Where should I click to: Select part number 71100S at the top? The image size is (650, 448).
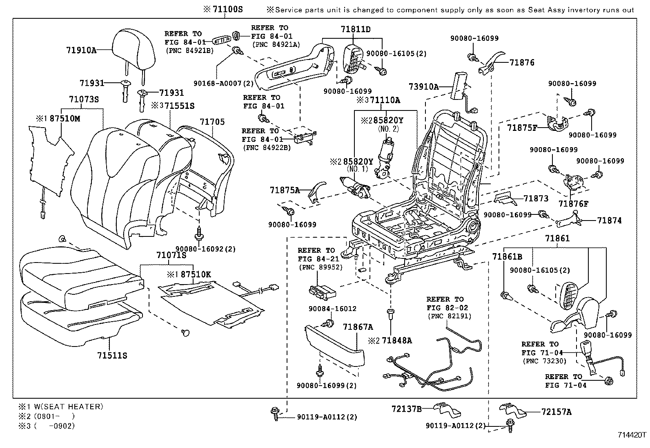click(227, 9)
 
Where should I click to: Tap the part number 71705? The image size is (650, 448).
click(212, 122)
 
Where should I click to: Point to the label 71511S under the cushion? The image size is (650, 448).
click(112, 355)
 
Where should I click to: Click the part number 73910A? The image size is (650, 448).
click(424, 87)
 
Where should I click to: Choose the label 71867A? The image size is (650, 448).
click(358, 327)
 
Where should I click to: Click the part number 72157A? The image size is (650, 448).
click(557, 412)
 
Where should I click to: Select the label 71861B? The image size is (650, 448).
click(507, 257)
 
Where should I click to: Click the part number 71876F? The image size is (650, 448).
click(574, 203)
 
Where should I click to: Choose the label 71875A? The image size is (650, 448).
click(285, 190)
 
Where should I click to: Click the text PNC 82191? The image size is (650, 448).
click(449, 316)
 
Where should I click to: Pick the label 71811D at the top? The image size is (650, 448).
click(356, 29)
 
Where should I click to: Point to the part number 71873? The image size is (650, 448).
click(536, 199)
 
